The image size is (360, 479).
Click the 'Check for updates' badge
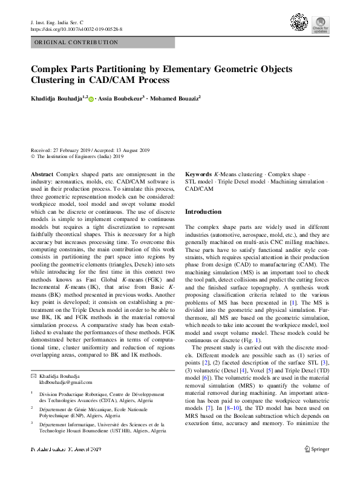tap(320, 24)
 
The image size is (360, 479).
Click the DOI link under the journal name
tap(76, 29)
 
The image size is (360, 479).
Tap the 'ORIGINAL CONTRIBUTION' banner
tap(76, 42)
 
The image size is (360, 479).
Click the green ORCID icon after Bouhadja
tap(91, 97)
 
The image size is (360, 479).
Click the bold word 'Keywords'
tap(198, 174)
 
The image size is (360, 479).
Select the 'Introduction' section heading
tap(203, 212)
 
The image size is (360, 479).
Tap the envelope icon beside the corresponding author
tap(34, 376)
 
